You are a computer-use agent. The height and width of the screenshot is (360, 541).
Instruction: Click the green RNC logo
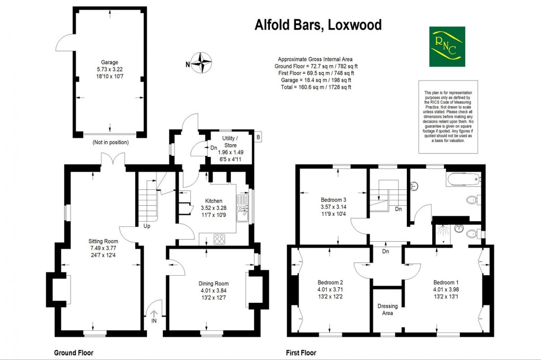[447, 47]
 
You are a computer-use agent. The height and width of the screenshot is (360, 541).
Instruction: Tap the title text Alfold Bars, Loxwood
[318, 25]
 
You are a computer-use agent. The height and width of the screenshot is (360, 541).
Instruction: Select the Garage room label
[110, 62]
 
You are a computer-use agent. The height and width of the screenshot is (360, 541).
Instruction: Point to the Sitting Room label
[102, 242]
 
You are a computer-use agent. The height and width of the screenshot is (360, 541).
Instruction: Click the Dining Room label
[213, 284]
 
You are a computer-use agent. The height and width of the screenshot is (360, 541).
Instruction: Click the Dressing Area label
[388, 310]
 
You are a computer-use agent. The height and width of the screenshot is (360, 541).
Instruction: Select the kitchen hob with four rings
[220, 239]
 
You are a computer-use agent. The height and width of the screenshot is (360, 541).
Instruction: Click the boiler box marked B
[258, 137]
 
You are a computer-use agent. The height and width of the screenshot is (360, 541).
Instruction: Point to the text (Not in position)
[110, 142]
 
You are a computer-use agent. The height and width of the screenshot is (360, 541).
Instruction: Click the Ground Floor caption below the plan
[77, 353]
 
